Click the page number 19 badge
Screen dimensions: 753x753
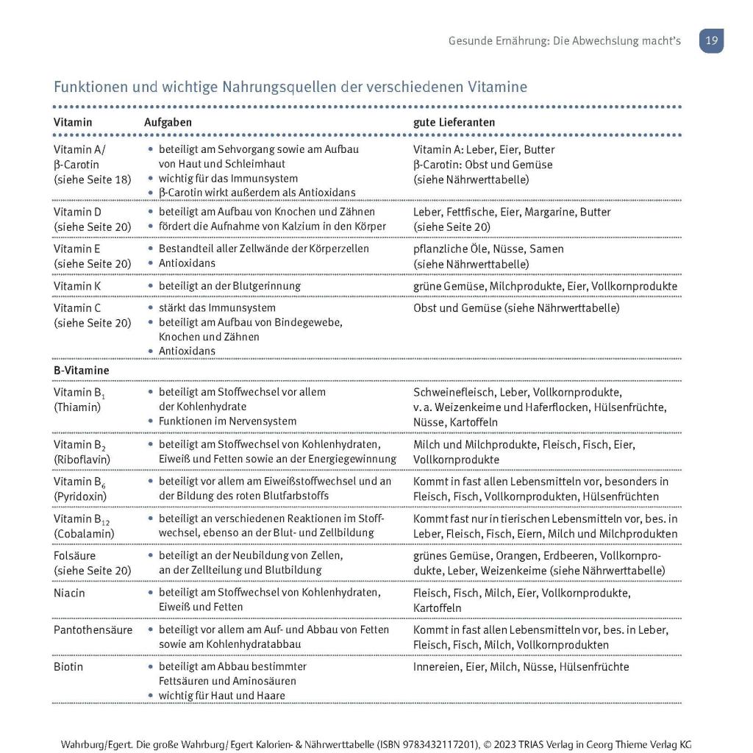click(x=711, y=41)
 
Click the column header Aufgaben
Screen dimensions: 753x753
click(x=168, y=122)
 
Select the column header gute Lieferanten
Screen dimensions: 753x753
click(x=454, y=122)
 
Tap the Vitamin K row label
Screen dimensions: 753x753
click(x=77, y=285)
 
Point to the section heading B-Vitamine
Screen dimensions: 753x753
click(x=81, y=370)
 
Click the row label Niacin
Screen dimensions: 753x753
click(x=69, y=593)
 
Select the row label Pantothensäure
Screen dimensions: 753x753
click(x=93, y=629)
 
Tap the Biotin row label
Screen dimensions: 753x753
click(x=68, y=667)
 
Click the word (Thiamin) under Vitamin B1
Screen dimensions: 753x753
click(x=77, y=407)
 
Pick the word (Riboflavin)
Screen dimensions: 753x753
click(x=82, y=459)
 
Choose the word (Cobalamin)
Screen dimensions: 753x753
click(x=84, y=532)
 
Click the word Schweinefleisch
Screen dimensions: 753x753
click(x=454, y=392)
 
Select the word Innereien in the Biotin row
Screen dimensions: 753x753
click(x=436, y=667)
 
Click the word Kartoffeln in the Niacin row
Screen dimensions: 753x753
click(x=438, y=608)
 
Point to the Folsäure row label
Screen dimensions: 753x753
click(x=74, y=555)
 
